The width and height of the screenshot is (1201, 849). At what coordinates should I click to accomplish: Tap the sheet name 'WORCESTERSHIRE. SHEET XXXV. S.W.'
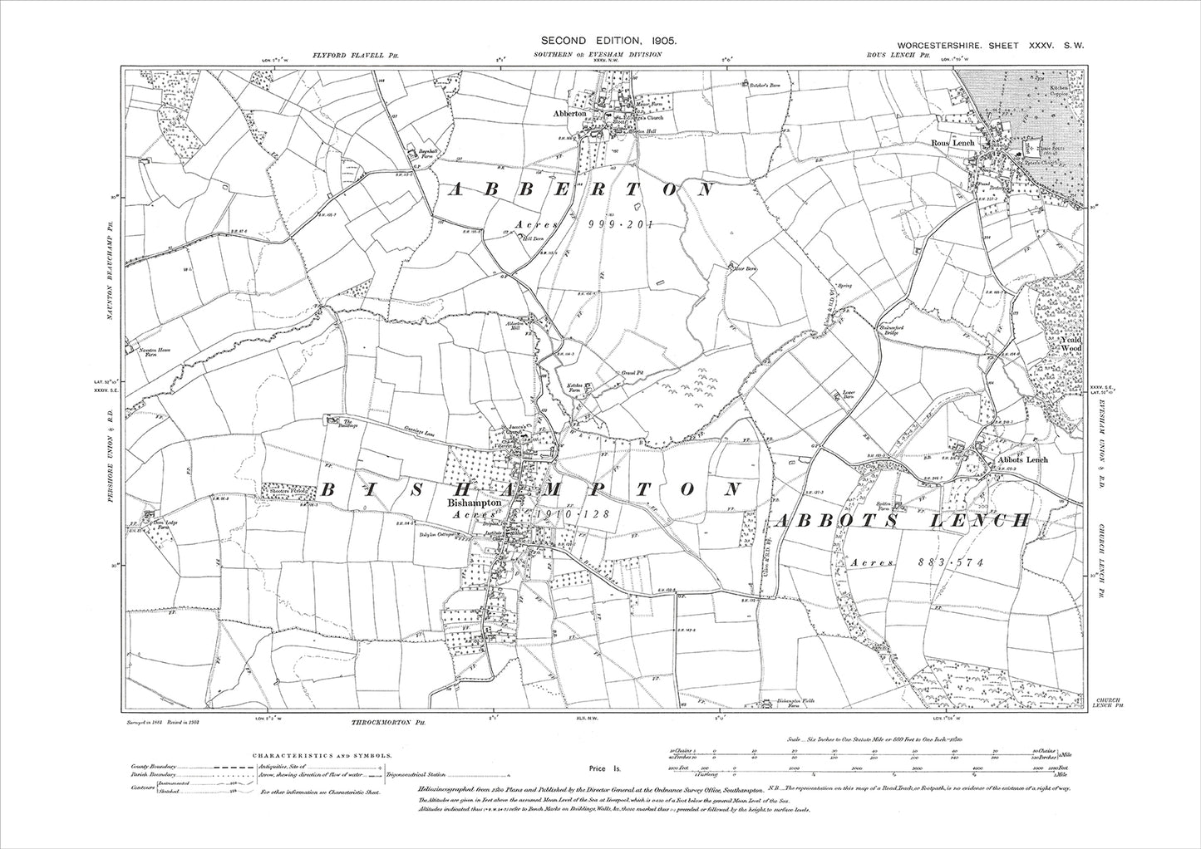point(985,47)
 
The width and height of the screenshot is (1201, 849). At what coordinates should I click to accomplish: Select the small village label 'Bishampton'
point(474,503)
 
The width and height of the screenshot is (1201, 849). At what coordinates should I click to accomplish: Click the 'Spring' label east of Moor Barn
point(845,287)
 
